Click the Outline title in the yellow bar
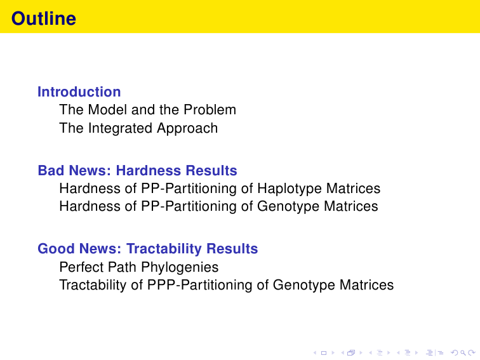pos(43,18)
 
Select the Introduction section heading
pos(79,92)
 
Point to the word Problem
pos(210,110)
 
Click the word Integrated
pos(120,128)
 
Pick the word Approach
pos(187,128)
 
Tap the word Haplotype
pos(290,189)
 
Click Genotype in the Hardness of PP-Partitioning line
pos(288,206)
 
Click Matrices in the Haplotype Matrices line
pos(353,189)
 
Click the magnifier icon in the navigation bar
pos(463,353)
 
